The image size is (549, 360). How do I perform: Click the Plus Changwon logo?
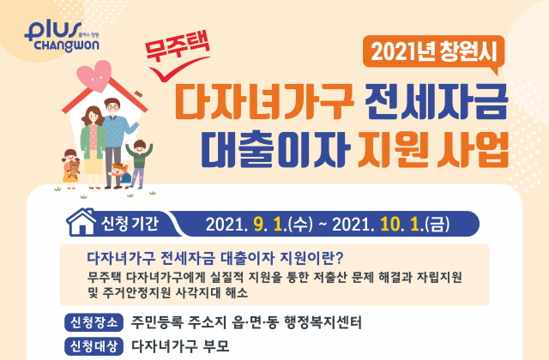(x=62, y=36)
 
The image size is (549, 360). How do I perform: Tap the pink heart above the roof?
(x=94, y=75)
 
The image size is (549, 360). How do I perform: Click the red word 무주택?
(x=178, y=45)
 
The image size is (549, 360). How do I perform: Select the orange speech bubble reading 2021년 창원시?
(x=434, y=53)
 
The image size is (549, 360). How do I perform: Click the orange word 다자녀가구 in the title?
(x=264, y=102)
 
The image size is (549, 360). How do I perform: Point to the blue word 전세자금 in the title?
(x=436, y=102)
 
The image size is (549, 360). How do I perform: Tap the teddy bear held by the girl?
(x=72, y=169)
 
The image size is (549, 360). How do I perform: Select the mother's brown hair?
(x=93, y=116)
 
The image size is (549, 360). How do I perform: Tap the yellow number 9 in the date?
(x=257, y=225)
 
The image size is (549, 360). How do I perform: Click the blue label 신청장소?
(x=94, y=322)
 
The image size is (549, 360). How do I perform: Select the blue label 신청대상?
(x=94, y=346)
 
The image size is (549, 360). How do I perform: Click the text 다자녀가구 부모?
(x=180, y=346)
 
